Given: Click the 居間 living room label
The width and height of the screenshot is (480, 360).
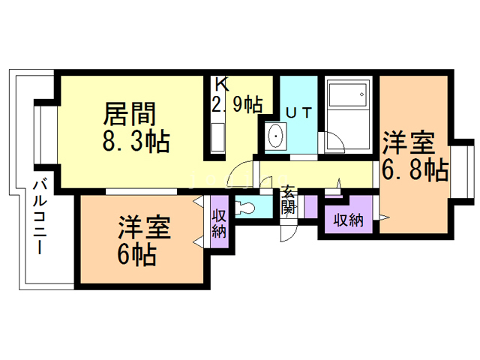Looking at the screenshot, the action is click(x=130, y=114).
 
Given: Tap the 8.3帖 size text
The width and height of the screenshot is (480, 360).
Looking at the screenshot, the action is click(x=136, y=141).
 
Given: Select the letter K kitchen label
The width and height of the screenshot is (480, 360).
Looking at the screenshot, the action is click(x=222, y=84).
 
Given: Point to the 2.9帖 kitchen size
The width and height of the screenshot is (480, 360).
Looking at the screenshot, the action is click(x=237, y=104).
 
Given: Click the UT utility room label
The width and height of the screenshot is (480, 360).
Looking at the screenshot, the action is click(x=298, y=113).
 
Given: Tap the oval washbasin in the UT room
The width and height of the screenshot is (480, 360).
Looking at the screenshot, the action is click(x=276, y=136).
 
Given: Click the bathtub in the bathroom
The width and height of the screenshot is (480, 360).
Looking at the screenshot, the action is click(x=348, y=94).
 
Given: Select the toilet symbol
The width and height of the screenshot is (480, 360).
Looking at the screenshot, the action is click(x=245, y=207).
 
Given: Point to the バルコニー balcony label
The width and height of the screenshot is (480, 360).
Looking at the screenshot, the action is click(x=40, y=217).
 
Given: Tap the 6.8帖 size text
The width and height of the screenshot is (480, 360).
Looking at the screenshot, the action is click(x=415, y=169).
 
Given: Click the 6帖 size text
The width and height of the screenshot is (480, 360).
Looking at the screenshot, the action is click(x=136, y=254).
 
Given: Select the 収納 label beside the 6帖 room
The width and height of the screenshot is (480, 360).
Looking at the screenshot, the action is click(x=219, y=223).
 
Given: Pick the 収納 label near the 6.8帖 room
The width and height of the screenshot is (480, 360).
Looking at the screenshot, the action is click(x=348, y=220).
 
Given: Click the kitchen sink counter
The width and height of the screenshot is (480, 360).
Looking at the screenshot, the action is click(x=218, y=137).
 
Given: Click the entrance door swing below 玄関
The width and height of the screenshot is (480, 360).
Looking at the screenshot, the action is click(x=288, y=233).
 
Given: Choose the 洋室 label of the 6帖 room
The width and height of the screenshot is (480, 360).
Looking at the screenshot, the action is click(x=145, y=227).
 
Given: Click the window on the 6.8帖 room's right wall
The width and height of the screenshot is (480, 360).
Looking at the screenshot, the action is click(x=461, y=172).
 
